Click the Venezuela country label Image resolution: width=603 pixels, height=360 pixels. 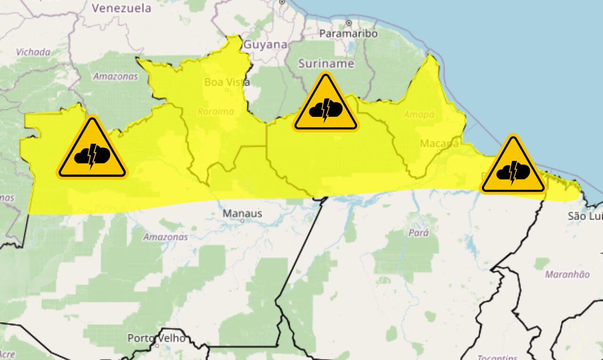pyautogui.click(x=122, y=8)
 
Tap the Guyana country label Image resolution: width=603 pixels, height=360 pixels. pyautogui.click(x=266, y=45)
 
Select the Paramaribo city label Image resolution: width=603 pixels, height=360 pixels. pyautogui.click(x=349, y=34)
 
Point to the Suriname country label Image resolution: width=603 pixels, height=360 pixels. pyautogui.click(x=326, y=64)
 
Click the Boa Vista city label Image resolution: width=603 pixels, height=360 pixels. pyautogui.click(x=227, y=82)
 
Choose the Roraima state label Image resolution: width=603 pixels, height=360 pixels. pyautogui.click(x=216, y=112)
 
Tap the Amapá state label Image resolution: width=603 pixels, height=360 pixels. pyautogui.click(x=419, y=115)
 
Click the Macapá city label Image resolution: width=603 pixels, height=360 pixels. pyautogui.click(x=439, y=143)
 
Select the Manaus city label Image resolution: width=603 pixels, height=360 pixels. pyautogui.click(x=242, y=214)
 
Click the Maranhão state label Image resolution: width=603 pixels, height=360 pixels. pyautogui.click(x=567, y=274)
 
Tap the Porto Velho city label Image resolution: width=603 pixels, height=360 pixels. pyautogui.click(x=156, y=338)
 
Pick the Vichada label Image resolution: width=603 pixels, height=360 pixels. pyautogui.click(x=33, y=52)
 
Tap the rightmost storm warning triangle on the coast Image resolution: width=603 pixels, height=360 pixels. pyautogui.click(x=513, y=167)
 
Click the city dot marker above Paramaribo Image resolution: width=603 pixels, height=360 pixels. pyautogui.click(x=349, y=23)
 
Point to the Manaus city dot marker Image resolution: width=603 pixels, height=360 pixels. pyautogui.click(x=242, y=220)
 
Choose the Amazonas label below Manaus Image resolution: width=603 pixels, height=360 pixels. pyautogui.click(x=165, y=237)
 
